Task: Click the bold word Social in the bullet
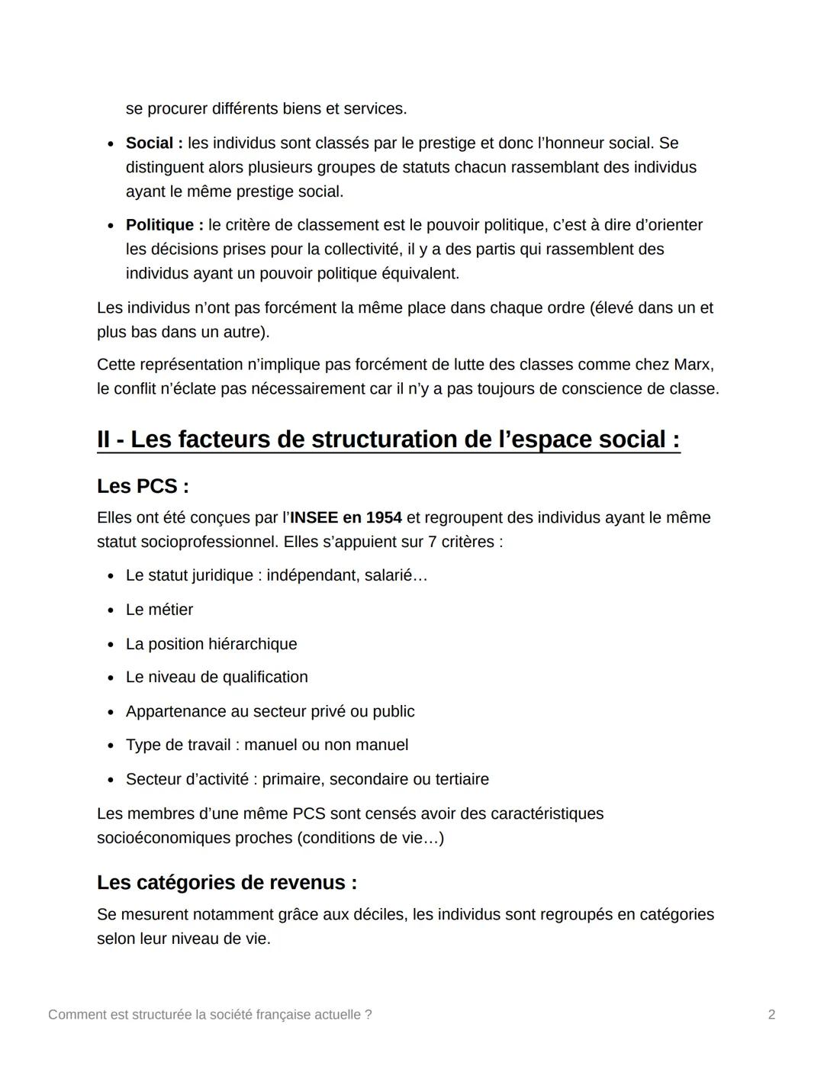tap(150, 143)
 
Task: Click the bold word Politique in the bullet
tap(159, 225)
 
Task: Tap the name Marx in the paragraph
tap(692, 365)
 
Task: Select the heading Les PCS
tap(143, 486)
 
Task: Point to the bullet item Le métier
tap(159, 610)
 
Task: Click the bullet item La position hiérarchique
tap(211, 644)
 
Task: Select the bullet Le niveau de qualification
tap(217, 678)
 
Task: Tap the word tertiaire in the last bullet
tap(462, 780)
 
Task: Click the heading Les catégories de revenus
tap(227, 883)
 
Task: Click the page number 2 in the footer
tap(771, 1015)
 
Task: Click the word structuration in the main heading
tap(384, 440)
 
